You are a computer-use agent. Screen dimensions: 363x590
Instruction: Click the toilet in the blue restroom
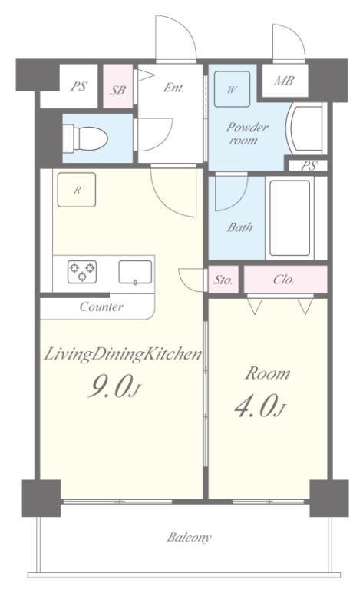85,138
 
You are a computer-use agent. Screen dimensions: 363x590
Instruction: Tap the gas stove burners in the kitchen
82,272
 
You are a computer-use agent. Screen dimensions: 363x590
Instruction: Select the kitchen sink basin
136,272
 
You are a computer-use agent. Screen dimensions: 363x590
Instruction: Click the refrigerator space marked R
77,190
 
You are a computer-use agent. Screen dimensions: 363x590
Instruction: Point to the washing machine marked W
232,89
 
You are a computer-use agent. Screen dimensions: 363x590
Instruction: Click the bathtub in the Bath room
290,218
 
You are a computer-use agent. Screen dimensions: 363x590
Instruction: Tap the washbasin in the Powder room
305,128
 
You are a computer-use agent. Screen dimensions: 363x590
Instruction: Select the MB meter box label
284,81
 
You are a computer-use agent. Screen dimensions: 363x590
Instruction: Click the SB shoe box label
117,91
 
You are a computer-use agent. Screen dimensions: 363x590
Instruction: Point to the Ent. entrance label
173,88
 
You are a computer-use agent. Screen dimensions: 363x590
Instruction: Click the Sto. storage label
223,280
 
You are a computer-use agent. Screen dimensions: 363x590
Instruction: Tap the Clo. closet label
284,280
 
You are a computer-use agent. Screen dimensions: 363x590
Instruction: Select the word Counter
101,307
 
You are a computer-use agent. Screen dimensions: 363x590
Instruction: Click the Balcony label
189,537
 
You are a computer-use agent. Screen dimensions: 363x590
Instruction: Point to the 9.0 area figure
110,386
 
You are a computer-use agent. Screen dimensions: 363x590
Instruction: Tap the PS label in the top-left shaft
78,86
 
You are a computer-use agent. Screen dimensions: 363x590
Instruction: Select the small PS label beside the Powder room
309,166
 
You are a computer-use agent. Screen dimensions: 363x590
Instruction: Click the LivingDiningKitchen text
124,354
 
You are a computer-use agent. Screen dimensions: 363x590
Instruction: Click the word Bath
239,227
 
